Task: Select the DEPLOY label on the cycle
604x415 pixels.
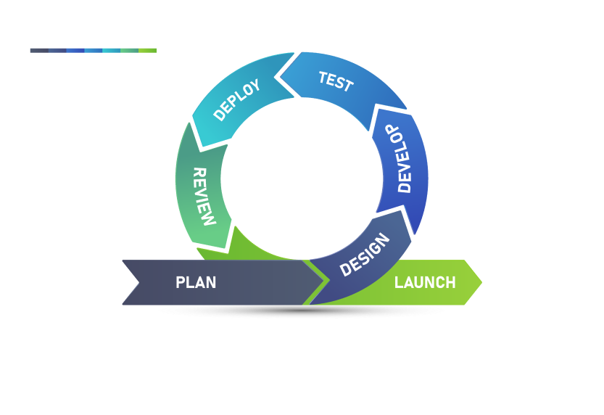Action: click(x=237, y=99)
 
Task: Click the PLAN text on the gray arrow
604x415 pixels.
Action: click(x=196, y=282)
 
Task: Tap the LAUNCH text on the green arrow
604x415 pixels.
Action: click(x=425, y=282)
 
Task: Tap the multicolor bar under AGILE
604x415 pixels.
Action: click(x=93, y=50)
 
